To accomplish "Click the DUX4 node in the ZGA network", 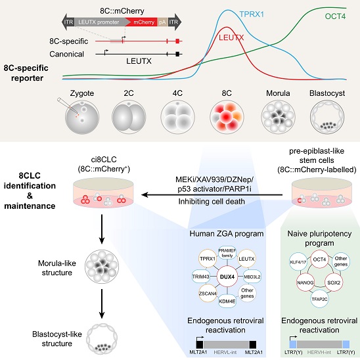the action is tap(227, 277).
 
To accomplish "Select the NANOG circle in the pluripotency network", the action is tap(305, 282).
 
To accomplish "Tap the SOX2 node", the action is tap(334, 282).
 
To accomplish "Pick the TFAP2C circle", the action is tap(319, 299).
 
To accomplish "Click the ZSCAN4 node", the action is tap(208, 293).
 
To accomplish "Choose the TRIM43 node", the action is tap(201, 277).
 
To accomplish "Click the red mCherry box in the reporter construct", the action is tap(143, 22).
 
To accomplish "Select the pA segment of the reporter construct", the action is tap(162, 22).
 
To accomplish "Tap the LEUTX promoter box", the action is tap(101, 22).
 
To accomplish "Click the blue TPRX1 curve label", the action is tap(252, 14).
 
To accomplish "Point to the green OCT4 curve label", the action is tap(335, 16).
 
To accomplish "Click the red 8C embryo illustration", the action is tap(227, 117).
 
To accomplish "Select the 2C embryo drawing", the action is tap(129, 117).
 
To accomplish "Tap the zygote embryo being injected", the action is tap(82, 117).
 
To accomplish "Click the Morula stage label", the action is tap(278, 93).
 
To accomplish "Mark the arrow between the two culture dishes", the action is tap(212, 195).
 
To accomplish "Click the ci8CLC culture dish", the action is tap(103, 192).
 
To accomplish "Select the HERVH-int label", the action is tap(319, 352).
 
